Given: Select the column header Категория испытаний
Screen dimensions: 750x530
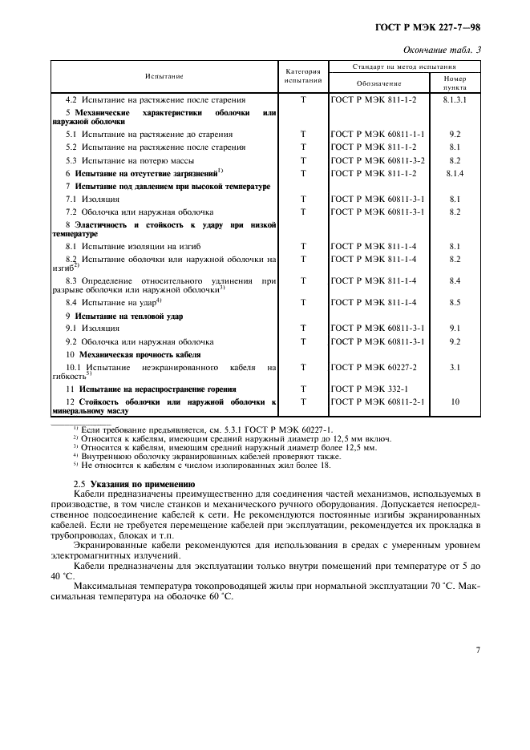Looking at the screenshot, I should [303, 76].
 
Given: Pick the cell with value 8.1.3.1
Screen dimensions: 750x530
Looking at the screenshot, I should [455, 101].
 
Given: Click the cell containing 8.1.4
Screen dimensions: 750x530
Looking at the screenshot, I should [455, 173].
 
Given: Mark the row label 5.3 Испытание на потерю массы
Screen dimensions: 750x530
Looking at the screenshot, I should [134, 160].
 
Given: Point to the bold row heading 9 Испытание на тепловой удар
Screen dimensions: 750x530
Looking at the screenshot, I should [123, 316].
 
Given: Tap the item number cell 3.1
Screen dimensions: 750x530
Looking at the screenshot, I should [455, 367].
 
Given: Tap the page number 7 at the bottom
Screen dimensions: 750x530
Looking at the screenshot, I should [477, 650].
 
